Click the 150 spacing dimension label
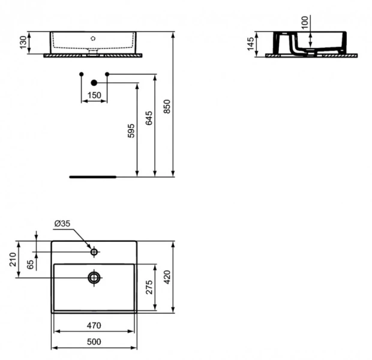[x=94, y=95]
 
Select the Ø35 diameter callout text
[x=62, y=224]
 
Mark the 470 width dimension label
[x=94, y=325]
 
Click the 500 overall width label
[x=94, y=341]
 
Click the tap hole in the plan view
[x=94, y=252]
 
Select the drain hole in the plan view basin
[x=94, y=277]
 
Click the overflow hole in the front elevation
[x=93, y=38]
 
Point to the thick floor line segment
[x=93, y=177]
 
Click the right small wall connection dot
[x=107, y=74]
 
